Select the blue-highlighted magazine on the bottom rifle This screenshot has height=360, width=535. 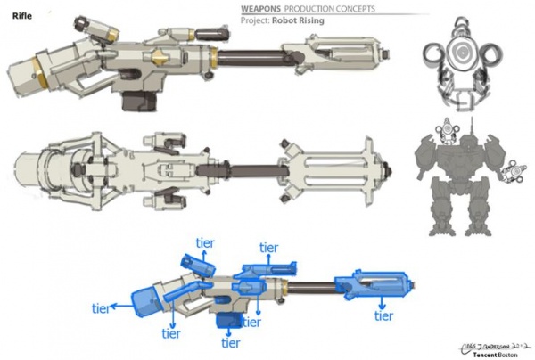pos(227,320)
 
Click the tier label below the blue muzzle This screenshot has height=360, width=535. pos(384,315)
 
